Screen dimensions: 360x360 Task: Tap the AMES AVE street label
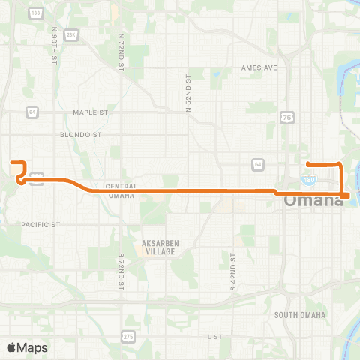click(259, 67)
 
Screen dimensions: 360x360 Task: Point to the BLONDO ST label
click(80, 136)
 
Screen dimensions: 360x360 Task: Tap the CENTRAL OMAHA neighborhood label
click(120, 190)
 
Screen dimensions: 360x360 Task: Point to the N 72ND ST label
click(121, 51)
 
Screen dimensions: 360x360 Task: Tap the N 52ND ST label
click(188, 92)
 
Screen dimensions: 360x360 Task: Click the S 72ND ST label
click(121, 272)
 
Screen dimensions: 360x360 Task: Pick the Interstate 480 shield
click(310, 180)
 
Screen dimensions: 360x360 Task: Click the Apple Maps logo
click(27, 347)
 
